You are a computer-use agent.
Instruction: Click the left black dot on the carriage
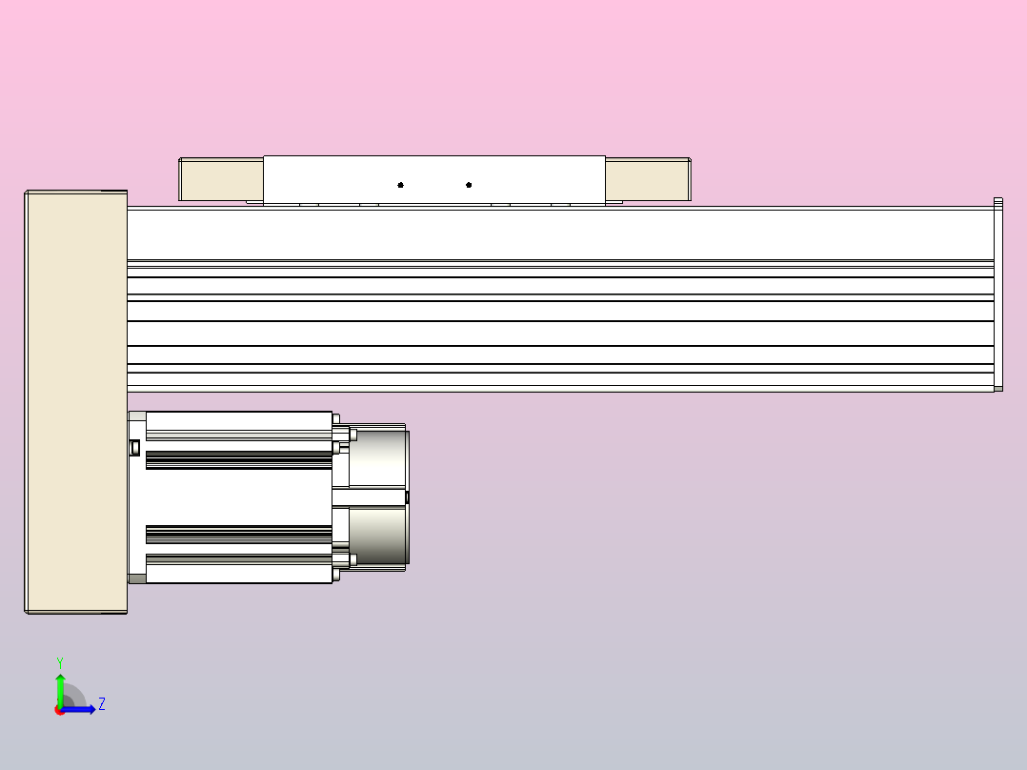[400, 185]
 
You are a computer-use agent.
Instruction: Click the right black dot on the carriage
[469, 185]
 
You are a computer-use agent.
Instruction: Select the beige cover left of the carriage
[221, 180]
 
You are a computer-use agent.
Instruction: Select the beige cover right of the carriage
[646, 180]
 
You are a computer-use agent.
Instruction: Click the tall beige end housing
[75, 400]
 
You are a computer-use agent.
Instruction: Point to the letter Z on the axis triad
[102, 704]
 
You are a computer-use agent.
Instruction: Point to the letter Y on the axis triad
[60, 661]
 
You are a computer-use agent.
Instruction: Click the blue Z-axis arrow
[84, 709]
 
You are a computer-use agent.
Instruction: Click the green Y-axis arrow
[60, 686]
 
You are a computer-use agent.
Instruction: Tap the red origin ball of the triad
[60, 710]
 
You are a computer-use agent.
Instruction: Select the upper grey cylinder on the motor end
[379, 459]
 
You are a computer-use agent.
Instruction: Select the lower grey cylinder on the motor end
[379, 536]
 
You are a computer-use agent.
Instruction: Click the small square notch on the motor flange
[134, 447]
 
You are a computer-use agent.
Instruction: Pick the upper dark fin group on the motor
[238, 461]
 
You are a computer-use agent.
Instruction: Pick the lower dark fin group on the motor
[238, 534]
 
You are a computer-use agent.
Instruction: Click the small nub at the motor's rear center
[408, 496]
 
